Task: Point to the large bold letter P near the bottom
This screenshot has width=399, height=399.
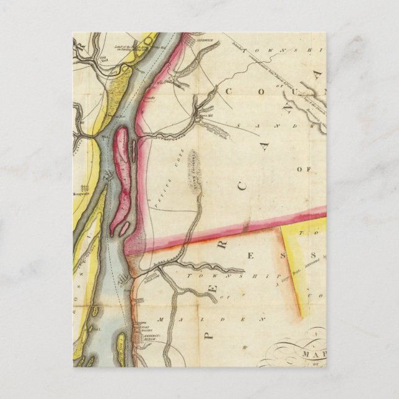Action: click(x=209, y=335)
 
